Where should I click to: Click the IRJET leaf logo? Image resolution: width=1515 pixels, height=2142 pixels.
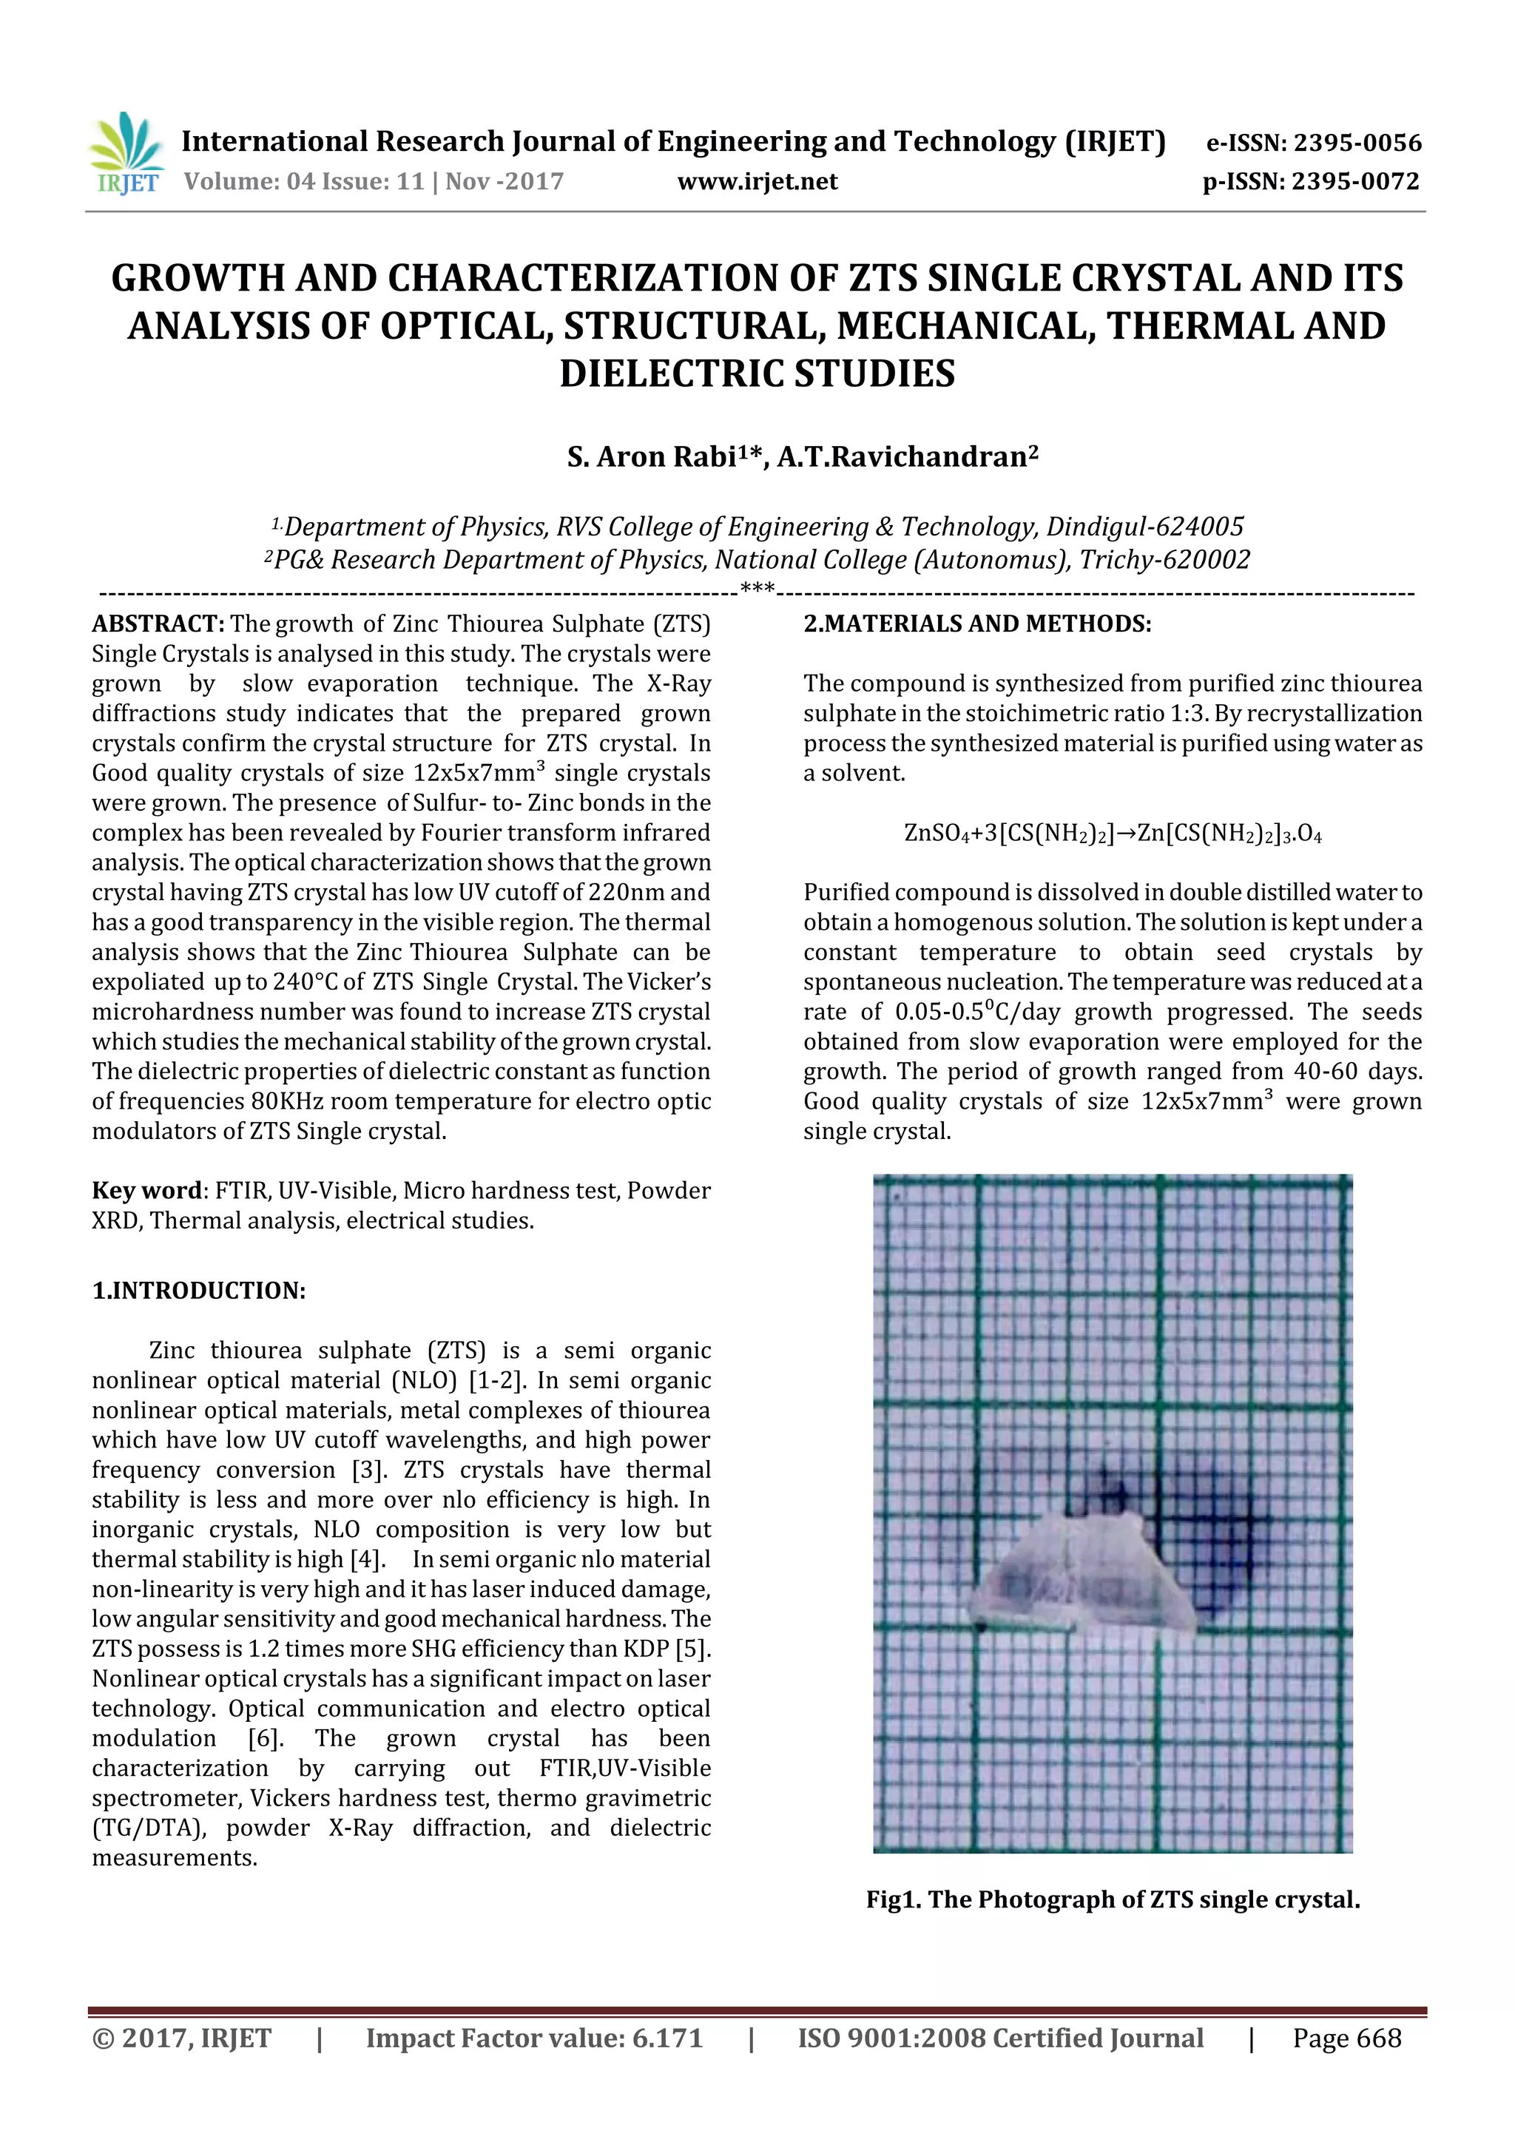click(125, 153)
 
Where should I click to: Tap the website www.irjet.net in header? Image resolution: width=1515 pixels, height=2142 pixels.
click(757, 181)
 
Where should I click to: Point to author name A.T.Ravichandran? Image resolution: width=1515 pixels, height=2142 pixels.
click(906, 456)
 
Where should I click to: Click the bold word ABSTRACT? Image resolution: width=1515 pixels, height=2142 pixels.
click(158, 624)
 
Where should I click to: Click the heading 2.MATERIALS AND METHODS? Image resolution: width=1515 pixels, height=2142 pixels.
click(976, 624)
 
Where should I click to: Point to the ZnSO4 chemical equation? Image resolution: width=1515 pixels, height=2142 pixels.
click(1112, 833)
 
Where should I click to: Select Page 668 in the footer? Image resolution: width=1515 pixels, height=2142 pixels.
click(1346, 2038)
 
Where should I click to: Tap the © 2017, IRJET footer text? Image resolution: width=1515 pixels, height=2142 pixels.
click(182, 2038)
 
